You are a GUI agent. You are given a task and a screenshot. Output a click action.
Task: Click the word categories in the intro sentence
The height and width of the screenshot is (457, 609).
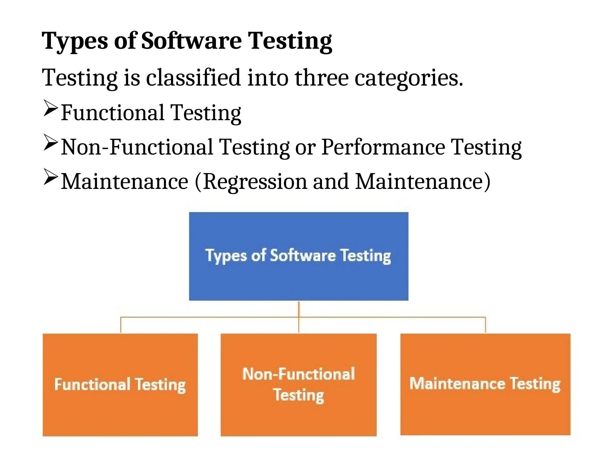tap(409, 78)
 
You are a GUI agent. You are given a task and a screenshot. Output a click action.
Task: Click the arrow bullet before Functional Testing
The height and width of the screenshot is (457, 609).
tap(50, 108)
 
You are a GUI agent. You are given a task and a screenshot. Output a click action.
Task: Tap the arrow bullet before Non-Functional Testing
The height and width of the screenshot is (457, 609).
tap(50, 143)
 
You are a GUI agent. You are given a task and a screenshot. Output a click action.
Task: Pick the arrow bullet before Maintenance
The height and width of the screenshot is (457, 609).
tap(50, 177)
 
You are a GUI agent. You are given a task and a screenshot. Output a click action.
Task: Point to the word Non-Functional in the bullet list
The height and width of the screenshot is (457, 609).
tap(137, 147)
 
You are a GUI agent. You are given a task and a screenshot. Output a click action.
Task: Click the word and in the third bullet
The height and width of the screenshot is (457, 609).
tap(331, 181)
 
